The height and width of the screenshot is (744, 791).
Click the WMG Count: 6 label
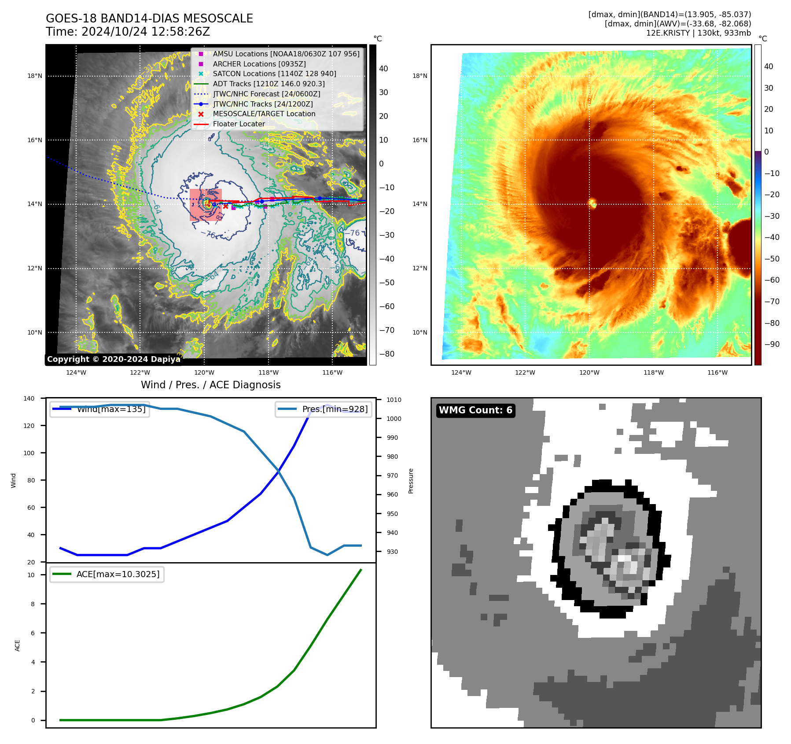pyautogui.click(x=475, y=410)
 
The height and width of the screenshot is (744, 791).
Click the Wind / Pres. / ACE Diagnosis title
pyautogui.click(x=210, y=385)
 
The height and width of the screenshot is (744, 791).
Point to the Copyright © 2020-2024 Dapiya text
pyautogui.click(x=114, y=359)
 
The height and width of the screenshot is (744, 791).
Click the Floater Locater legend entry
pyautogui.click(x=239, y=124)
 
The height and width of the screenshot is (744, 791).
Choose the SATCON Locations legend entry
pyautogui.click(x=274, y=74)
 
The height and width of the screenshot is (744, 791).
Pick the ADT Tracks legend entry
pyautogui.click(x=269, y=84)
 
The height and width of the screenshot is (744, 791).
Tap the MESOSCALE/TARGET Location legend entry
pyautogui.click(x=264, y=114)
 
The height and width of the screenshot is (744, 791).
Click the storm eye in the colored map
pyautogui.click(x=592, y=203)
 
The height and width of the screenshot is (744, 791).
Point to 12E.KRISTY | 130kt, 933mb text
pyautogui.click(x=698, y=33)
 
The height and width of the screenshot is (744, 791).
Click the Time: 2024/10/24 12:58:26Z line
pyautogui.click(x=128, y=32)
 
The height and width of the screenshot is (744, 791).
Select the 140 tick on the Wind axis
pyautogui.click(x=29, y=398)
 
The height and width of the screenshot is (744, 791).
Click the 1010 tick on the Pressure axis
pyautogui.click(x=394, y=400)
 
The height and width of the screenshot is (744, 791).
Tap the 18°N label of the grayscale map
pyautogui.click(x=35, y=76)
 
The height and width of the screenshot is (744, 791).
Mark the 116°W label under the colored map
pyautogui.click(x=717, y=372)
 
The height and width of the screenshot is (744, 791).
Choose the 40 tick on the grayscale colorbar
pyautogui.click(x=383, y=69)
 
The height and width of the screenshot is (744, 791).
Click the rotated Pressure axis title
pyautogui.click(x=411, y=481)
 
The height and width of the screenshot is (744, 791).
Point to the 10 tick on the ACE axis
pyautogui.click(x=31, y=575)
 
